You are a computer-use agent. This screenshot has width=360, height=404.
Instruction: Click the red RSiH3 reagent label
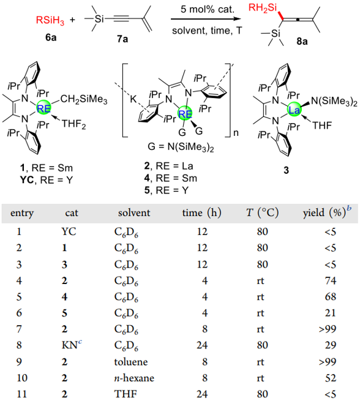coord(50,20)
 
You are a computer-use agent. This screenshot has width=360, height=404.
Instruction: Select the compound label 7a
coord(122,39)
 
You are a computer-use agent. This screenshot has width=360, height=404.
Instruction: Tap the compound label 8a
coord(302,41)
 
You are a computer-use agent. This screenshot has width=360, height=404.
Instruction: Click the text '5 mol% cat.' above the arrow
coord(208,9)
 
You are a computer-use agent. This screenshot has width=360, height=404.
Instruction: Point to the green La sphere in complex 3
coord(294,110)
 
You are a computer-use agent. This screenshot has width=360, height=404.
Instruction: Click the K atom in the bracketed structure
coord(133,99)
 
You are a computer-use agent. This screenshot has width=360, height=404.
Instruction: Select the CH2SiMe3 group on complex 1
coord(84,99)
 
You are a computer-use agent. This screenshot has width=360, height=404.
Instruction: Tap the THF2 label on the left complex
coord(73,124)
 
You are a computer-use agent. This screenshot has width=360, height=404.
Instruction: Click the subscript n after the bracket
coord(236,133)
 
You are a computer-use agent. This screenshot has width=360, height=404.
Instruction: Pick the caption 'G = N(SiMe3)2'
coord(181,147)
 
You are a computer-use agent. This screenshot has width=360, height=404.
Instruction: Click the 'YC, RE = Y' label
coord(47,180)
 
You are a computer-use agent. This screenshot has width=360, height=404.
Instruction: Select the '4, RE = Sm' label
coord(171,178)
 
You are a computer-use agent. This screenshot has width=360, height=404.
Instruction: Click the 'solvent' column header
coord(134,213)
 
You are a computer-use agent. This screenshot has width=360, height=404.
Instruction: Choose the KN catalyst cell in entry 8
coord(72,345)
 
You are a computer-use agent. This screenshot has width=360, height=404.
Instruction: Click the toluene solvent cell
coord(131,362)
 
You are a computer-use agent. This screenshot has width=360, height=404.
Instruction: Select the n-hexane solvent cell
coord(134,378)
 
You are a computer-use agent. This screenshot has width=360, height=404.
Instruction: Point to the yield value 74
coord(331,280)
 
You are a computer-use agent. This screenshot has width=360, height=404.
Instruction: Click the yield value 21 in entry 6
coord(331,313)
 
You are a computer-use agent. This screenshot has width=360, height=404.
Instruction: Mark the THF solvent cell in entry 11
coord(126,394)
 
